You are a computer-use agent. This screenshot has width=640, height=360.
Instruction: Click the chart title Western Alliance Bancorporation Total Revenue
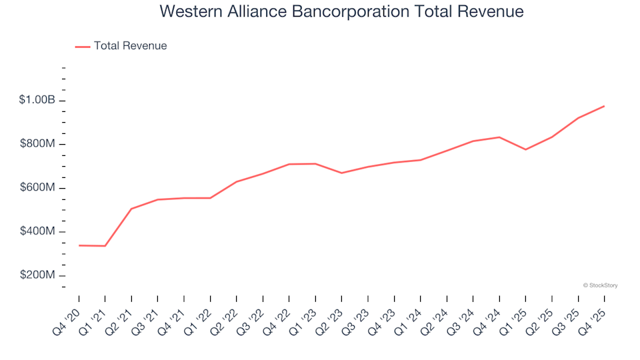[341, 12]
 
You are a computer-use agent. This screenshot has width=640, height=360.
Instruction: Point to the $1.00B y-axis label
[37, 100]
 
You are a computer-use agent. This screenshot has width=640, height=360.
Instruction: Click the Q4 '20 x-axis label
[69, 313]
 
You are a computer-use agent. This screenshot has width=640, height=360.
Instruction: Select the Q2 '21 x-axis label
[121, 313]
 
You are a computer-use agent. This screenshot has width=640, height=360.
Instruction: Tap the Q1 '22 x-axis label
[200, 313]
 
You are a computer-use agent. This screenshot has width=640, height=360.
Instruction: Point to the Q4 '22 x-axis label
[279, 313]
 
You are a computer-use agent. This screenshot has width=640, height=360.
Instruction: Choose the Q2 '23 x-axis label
[331, 313]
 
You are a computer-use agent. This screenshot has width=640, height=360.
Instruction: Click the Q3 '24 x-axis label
[463, 313]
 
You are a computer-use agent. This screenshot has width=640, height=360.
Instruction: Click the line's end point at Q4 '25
[604, 106]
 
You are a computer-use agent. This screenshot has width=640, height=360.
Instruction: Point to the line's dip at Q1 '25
[525, 149]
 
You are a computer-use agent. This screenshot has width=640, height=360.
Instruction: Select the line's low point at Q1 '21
[105, 246]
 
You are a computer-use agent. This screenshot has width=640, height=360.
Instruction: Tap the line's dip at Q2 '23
[341, 173]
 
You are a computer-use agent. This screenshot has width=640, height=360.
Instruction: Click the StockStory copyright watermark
[600, 285]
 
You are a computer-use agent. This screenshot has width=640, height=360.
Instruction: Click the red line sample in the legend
[83, 47]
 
